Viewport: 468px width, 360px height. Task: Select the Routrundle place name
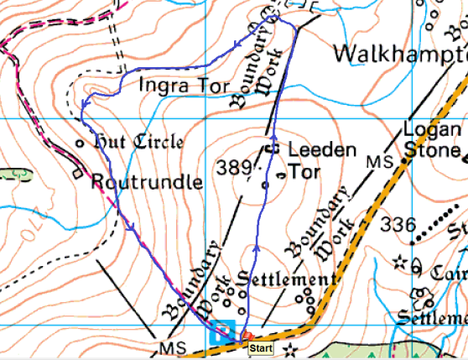coord(146,181)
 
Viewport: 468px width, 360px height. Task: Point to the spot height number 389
coord(233,168)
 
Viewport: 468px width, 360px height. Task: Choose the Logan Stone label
coord(432,140)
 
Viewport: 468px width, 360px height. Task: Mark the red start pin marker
coord(246,338)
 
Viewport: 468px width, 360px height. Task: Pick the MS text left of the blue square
coord(169,347)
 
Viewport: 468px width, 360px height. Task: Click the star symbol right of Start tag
coord(290,347)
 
